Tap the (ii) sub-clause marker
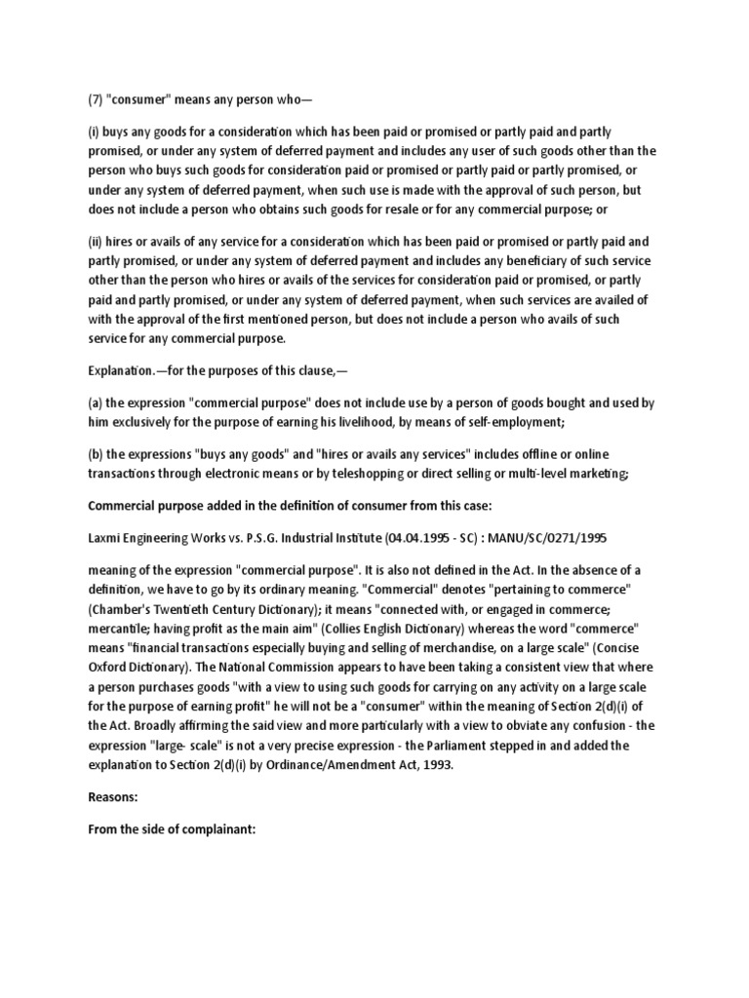point(98,242)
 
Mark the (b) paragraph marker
point(99,455)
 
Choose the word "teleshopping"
point(382,474)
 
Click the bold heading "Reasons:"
point(114,796)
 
